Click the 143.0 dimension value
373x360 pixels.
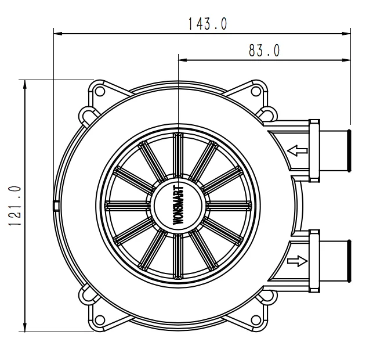click(207, 24)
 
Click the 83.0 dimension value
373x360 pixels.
click(264, 51)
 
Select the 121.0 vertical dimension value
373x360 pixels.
click(16, 205)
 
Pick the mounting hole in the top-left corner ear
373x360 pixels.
click(99, 92)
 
